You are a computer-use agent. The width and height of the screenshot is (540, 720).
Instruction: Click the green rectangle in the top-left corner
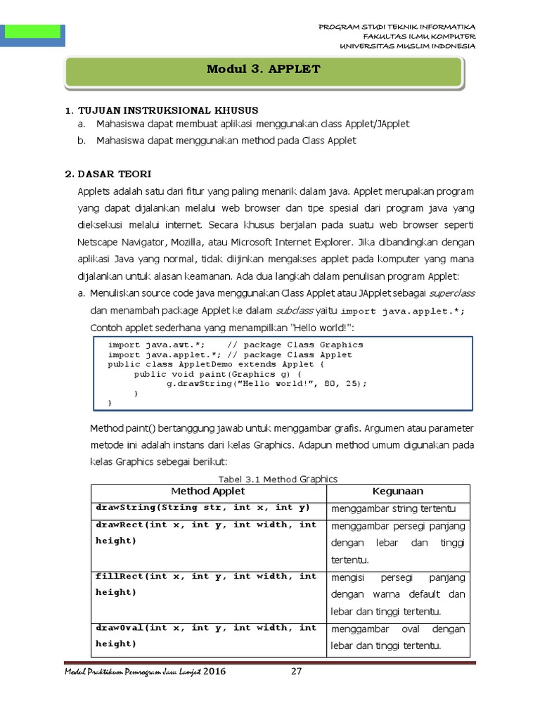click(32, 31)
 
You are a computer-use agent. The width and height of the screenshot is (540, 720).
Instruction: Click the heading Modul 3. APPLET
click(263, 69)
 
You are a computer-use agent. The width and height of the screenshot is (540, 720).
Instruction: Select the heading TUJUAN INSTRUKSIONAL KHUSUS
click(167, 110)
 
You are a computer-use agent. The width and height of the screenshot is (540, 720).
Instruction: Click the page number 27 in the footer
click(296, 671)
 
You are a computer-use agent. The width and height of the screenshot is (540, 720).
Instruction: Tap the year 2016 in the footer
click(214, 671)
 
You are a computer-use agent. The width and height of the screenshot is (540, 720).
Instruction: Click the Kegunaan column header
click(398, 491)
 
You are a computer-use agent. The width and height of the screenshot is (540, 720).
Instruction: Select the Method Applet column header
click(208, 491)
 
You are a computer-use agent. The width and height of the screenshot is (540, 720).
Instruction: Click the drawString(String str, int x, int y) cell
click(204, 508)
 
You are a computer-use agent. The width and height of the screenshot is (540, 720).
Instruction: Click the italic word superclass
click(451, 292)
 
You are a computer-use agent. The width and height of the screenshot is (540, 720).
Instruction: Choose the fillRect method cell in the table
click(206, 584)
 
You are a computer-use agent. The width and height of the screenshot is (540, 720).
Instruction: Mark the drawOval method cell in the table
click(206, 636)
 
